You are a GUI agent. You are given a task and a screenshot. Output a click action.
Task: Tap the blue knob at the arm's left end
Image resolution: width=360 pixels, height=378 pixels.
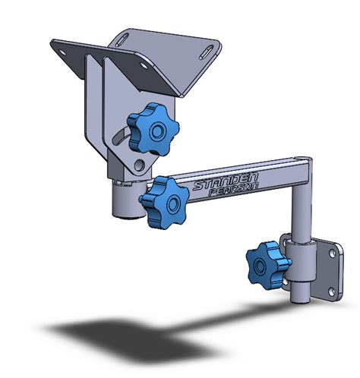163,198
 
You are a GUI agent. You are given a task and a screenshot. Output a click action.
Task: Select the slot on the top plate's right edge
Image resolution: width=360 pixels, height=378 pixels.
206,55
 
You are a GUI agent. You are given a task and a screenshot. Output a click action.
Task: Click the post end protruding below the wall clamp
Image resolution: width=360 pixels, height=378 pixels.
298,293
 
